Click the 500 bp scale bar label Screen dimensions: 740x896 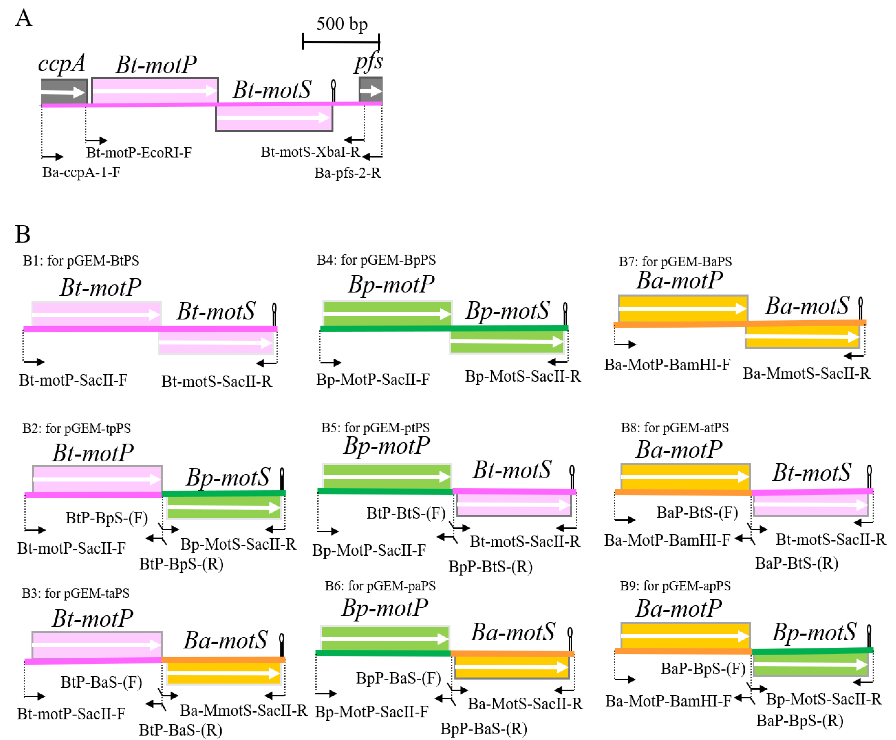pyautogui.click(x=342, y=24)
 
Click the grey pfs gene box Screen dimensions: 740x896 pyautogui.click(x=370, y=90)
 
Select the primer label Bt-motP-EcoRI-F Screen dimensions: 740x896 pyautogui.click(x=139, y=152)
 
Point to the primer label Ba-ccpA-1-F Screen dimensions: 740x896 pyautogui.click(x=81, y=172)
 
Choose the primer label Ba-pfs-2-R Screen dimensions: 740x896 pyautogui.click(x=347, y=173)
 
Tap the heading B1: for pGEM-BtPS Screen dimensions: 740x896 pyautogui.click(x=81, y=260)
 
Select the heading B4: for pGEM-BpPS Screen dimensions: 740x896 pyautogui.click(x=376, y=260)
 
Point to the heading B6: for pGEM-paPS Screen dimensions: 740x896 pyautogui.click(x=380, y=586)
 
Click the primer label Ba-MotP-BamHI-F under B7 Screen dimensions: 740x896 pyautogui.click(x=667, y=365)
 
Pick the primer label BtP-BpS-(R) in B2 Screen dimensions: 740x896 pyautogui.click(x=181, y=564)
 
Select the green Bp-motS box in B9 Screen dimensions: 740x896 pyautogui.click(x=810, y=665)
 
